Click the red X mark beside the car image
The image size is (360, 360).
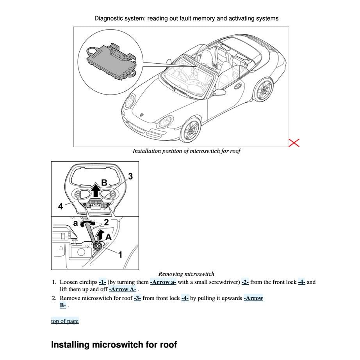[x=294, y=143]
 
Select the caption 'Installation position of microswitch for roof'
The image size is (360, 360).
[x=186, y=151]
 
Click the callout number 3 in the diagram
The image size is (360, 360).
[x=130, y=176]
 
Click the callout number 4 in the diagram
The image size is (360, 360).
[x=61, y=207]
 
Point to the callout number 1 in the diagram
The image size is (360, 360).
[x=120, y=255]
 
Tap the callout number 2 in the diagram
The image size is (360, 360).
[x=106, y=223]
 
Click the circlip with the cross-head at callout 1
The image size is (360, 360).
[x=98, y=245]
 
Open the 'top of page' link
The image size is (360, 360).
[x=65, y=321]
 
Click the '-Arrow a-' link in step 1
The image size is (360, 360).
[x=163, y=282]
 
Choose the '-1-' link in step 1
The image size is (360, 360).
[x=102, y=282]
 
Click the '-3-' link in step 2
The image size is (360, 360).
[x=137, y=298]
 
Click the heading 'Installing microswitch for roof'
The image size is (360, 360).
[x=114, y=345]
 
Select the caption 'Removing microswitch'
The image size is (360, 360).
[x=186, y=274]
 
